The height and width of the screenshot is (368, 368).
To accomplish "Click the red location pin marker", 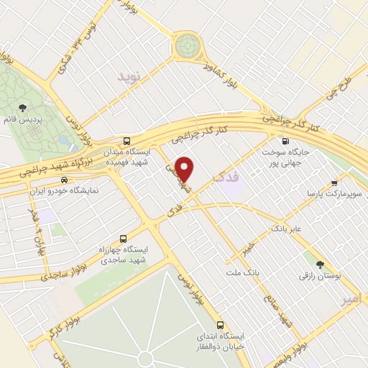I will tap(185, 169).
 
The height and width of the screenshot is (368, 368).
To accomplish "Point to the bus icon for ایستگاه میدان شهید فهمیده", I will tap(126, 141).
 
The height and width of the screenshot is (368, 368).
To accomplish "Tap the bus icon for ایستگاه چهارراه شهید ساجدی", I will tap(122, 238).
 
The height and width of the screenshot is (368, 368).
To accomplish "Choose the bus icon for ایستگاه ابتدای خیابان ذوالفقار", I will tap(221, 324).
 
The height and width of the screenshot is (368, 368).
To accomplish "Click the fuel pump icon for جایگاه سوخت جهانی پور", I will tap(286, 141).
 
